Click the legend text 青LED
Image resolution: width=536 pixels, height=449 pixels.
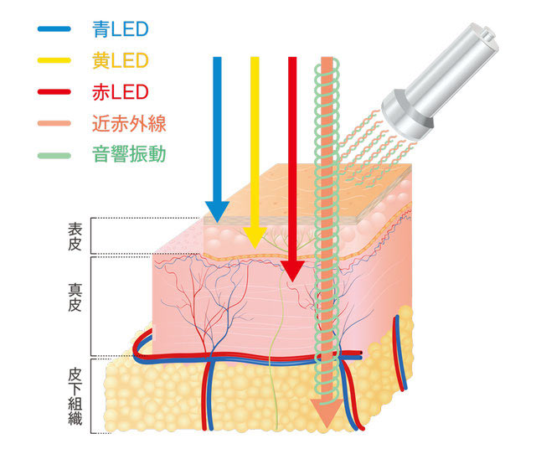[120, 30]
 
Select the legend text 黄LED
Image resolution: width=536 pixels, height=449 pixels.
[120, 61]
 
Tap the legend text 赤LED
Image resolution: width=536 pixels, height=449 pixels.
[120, 92]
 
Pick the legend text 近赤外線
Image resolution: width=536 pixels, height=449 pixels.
[130, 124]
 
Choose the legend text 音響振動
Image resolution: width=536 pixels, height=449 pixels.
[130, 156]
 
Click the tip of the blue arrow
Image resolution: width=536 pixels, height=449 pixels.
[217, 220]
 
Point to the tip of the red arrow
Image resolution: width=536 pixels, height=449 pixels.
[291, 279]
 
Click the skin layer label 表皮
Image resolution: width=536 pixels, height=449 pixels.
[75, 235]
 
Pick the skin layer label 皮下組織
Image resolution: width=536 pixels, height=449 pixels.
[75, 393]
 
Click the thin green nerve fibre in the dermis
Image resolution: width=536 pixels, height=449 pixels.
[278, 352]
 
